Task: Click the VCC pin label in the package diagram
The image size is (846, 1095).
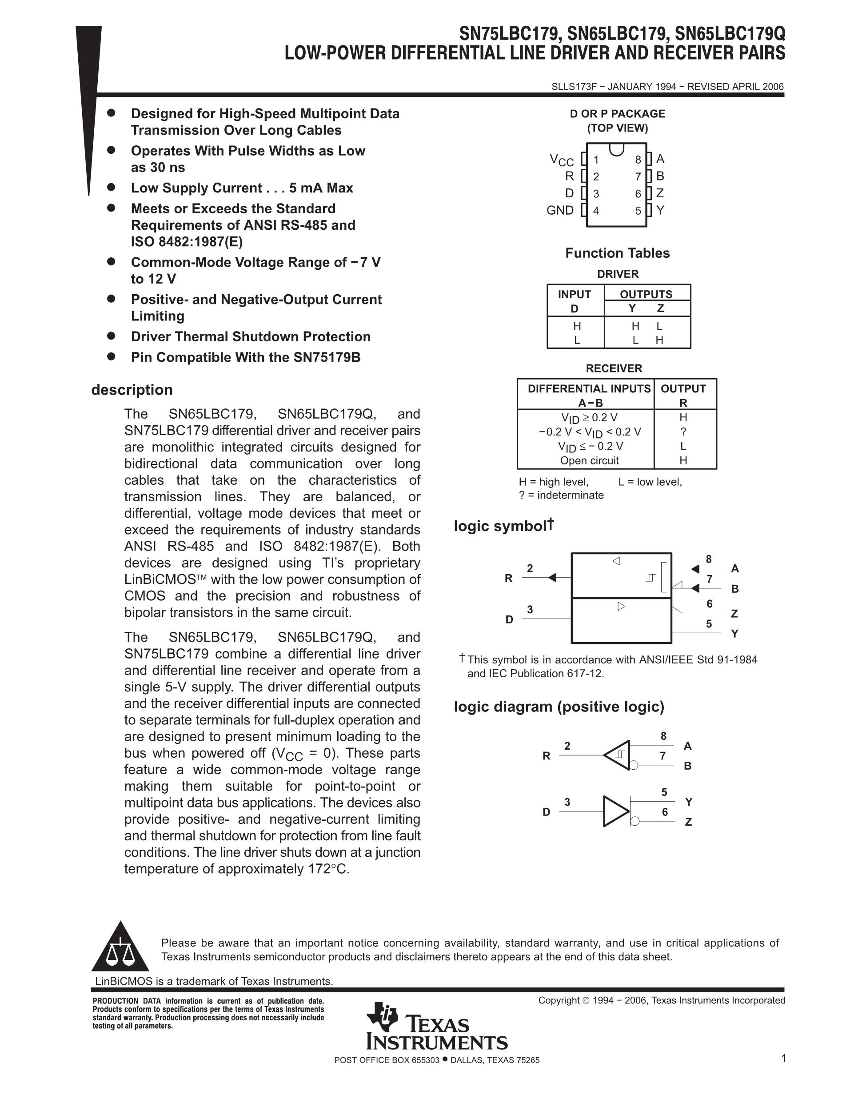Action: (x=562, y=160)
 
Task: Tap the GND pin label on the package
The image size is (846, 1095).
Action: (x=560, y=210)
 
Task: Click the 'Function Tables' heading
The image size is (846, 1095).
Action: (x=618, y=253)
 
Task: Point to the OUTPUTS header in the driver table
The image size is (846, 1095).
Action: (x=646, y=294)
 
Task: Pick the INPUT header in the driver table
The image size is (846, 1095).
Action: (x=575, y=294)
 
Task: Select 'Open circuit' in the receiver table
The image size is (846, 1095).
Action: (x=589, y=460)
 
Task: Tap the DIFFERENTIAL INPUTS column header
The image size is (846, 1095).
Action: (x=589, y=388)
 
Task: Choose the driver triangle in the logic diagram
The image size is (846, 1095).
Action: (x=615, y=811)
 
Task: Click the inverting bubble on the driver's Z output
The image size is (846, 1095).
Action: (x=634, y=821)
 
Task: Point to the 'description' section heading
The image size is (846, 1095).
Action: (x=132, y=390)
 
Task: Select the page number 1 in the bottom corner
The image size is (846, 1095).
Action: (x=784, y=1059)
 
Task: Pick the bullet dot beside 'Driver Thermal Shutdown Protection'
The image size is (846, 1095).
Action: (x=111, y=336)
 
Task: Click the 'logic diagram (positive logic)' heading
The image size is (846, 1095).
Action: (x=559, y=707)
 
